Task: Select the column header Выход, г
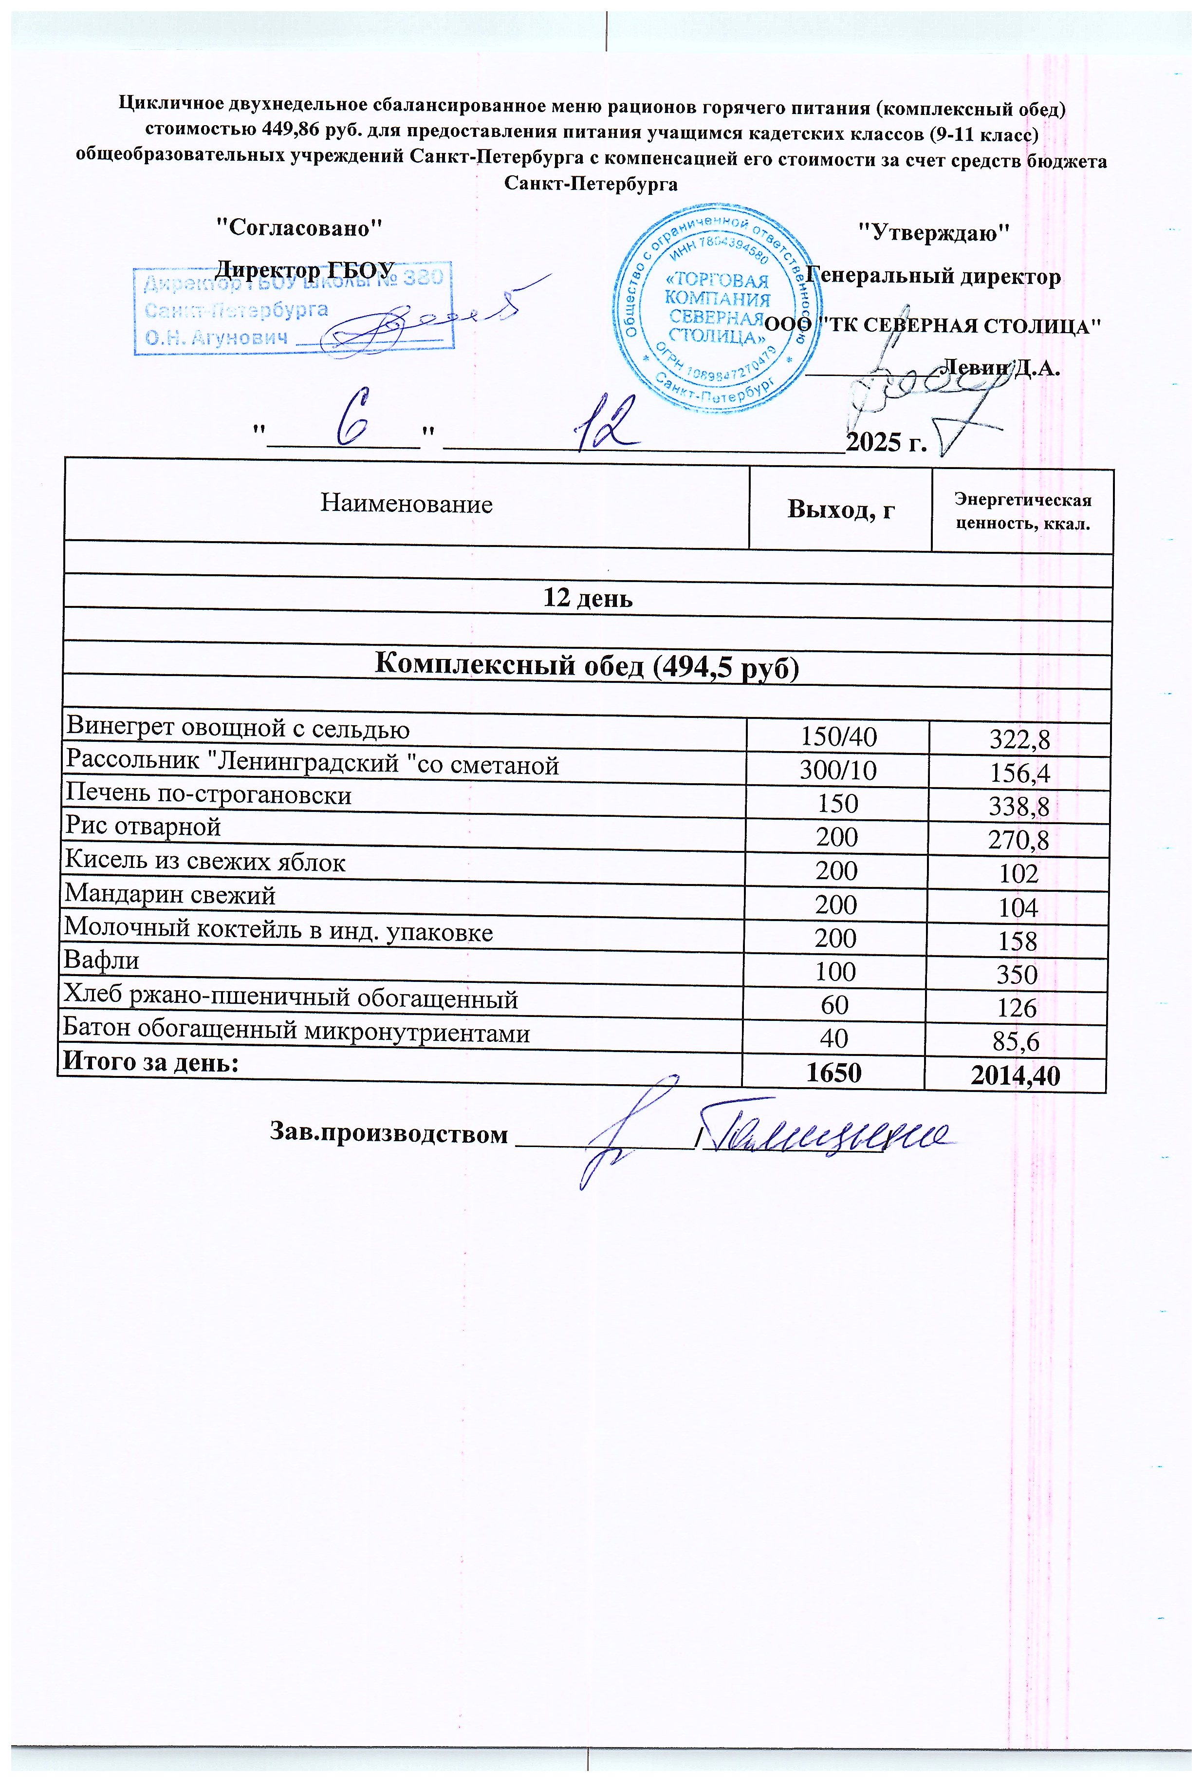[841, 509]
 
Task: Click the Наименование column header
[406, 504]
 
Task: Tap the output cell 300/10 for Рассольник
[838, 771]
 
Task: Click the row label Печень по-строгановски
[209, 794]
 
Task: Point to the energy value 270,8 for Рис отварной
[1019, 840]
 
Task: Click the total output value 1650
[834, 1072]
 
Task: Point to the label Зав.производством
[388, 1134]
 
